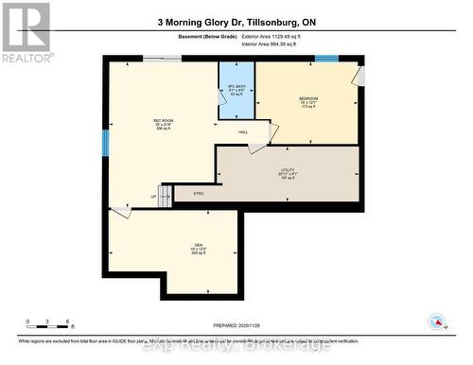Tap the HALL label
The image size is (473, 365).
click(x=243, y=131)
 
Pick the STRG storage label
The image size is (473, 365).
click(x=199, y=194)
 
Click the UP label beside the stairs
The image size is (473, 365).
click(x=153, y=197)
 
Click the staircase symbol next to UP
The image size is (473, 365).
click(x=165, y=196)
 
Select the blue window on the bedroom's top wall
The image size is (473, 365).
click(x=326, y=60)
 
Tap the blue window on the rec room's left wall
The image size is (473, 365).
click(x=106, y=143)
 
